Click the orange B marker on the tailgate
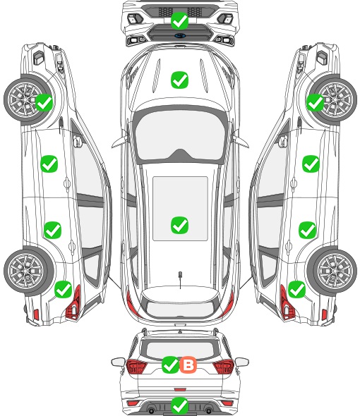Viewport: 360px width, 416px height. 188,365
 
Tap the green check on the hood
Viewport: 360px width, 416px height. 179,80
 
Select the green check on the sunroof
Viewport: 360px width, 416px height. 179,225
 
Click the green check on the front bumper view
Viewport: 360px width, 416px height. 179,20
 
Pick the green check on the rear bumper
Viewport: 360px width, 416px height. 179,405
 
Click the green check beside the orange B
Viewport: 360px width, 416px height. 170,365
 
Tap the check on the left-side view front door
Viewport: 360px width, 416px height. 49,164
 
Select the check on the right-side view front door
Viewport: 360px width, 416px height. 311,164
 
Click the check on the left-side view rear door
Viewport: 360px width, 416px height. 53,230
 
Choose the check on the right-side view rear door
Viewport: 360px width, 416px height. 307,230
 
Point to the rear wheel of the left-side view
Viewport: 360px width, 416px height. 27,271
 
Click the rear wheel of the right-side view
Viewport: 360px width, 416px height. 334,271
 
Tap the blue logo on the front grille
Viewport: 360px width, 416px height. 180,35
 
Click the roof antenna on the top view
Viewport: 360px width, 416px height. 180,279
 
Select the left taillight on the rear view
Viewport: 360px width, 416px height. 136,367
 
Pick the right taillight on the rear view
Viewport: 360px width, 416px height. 224,367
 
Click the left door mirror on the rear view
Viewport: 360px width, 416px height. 118,362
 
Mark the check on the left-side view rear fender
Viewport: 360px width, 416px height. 63,289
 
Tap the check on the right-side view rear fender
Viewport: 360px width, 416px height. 296,289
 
